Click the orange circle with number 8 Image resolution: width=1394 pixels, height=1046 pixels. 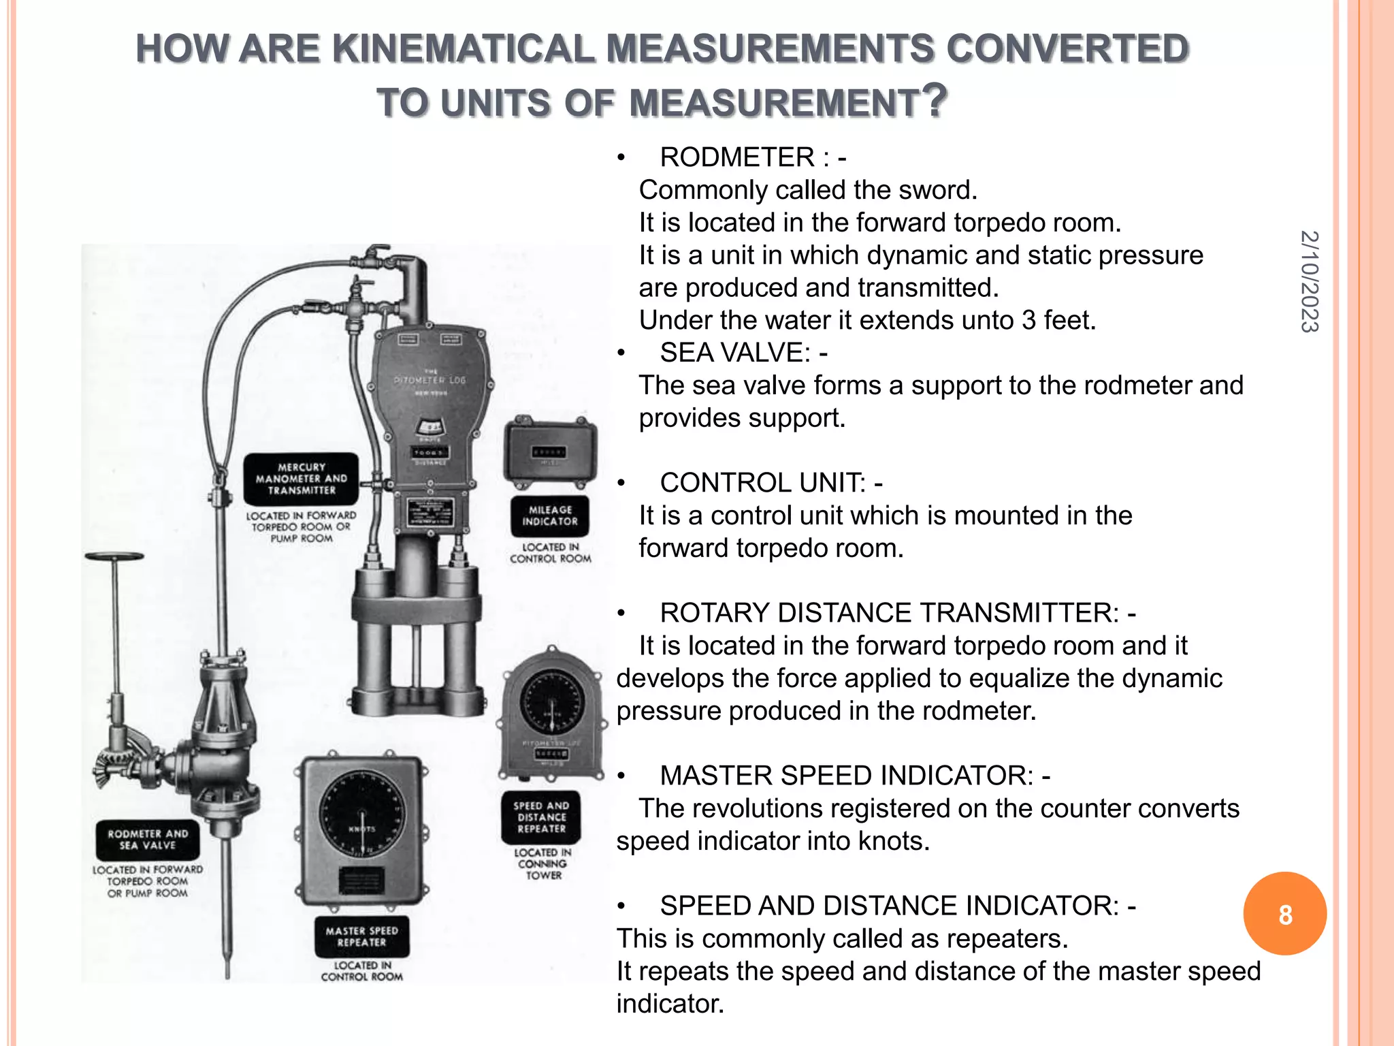coord(1284,914)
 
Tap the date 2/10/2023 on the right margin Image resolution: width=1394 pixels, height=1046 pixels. coord(1309,281)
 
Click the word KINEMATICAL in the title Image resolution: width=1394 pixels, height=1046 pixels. coord(464,49)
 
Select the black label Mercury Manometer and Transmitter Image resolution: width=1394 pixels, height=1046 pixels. coord(301,479)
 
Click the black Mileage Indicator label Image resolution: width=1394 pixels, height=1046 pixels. coord(550,516)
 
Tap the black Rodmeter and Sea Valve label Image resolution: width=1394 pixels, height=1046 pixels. coord(148,840)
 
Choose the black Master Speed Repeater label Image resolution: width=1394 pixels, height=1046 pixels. coord(361,936)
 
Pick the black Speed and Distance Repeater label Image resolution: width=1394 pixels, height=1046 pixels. coord(541,817)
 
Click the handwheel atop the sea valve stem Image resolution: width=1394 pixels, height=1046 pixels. coord(114,556)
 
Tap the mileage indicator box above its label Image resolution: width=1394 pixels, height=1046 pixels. coord(550,452)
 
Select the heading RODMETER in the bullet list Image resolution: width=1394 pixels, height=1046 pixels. coord(737,157)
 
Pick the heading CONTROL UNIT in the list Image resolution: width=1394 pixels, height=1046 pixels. coord(762,483)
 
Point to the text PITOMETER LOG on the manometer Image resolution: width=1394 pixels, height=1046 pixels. coord(429,380)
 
